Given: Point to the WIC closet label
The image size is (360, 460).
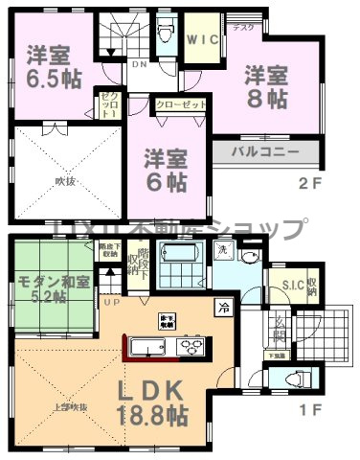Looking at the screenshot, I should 203,40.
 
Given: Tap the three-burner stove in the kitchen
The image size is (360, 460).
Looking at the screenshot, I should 188,346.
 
